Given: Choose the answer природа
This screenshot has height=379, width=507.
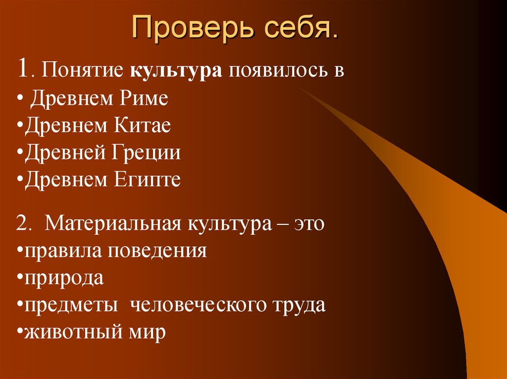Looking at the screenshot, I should click(63, 278).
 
